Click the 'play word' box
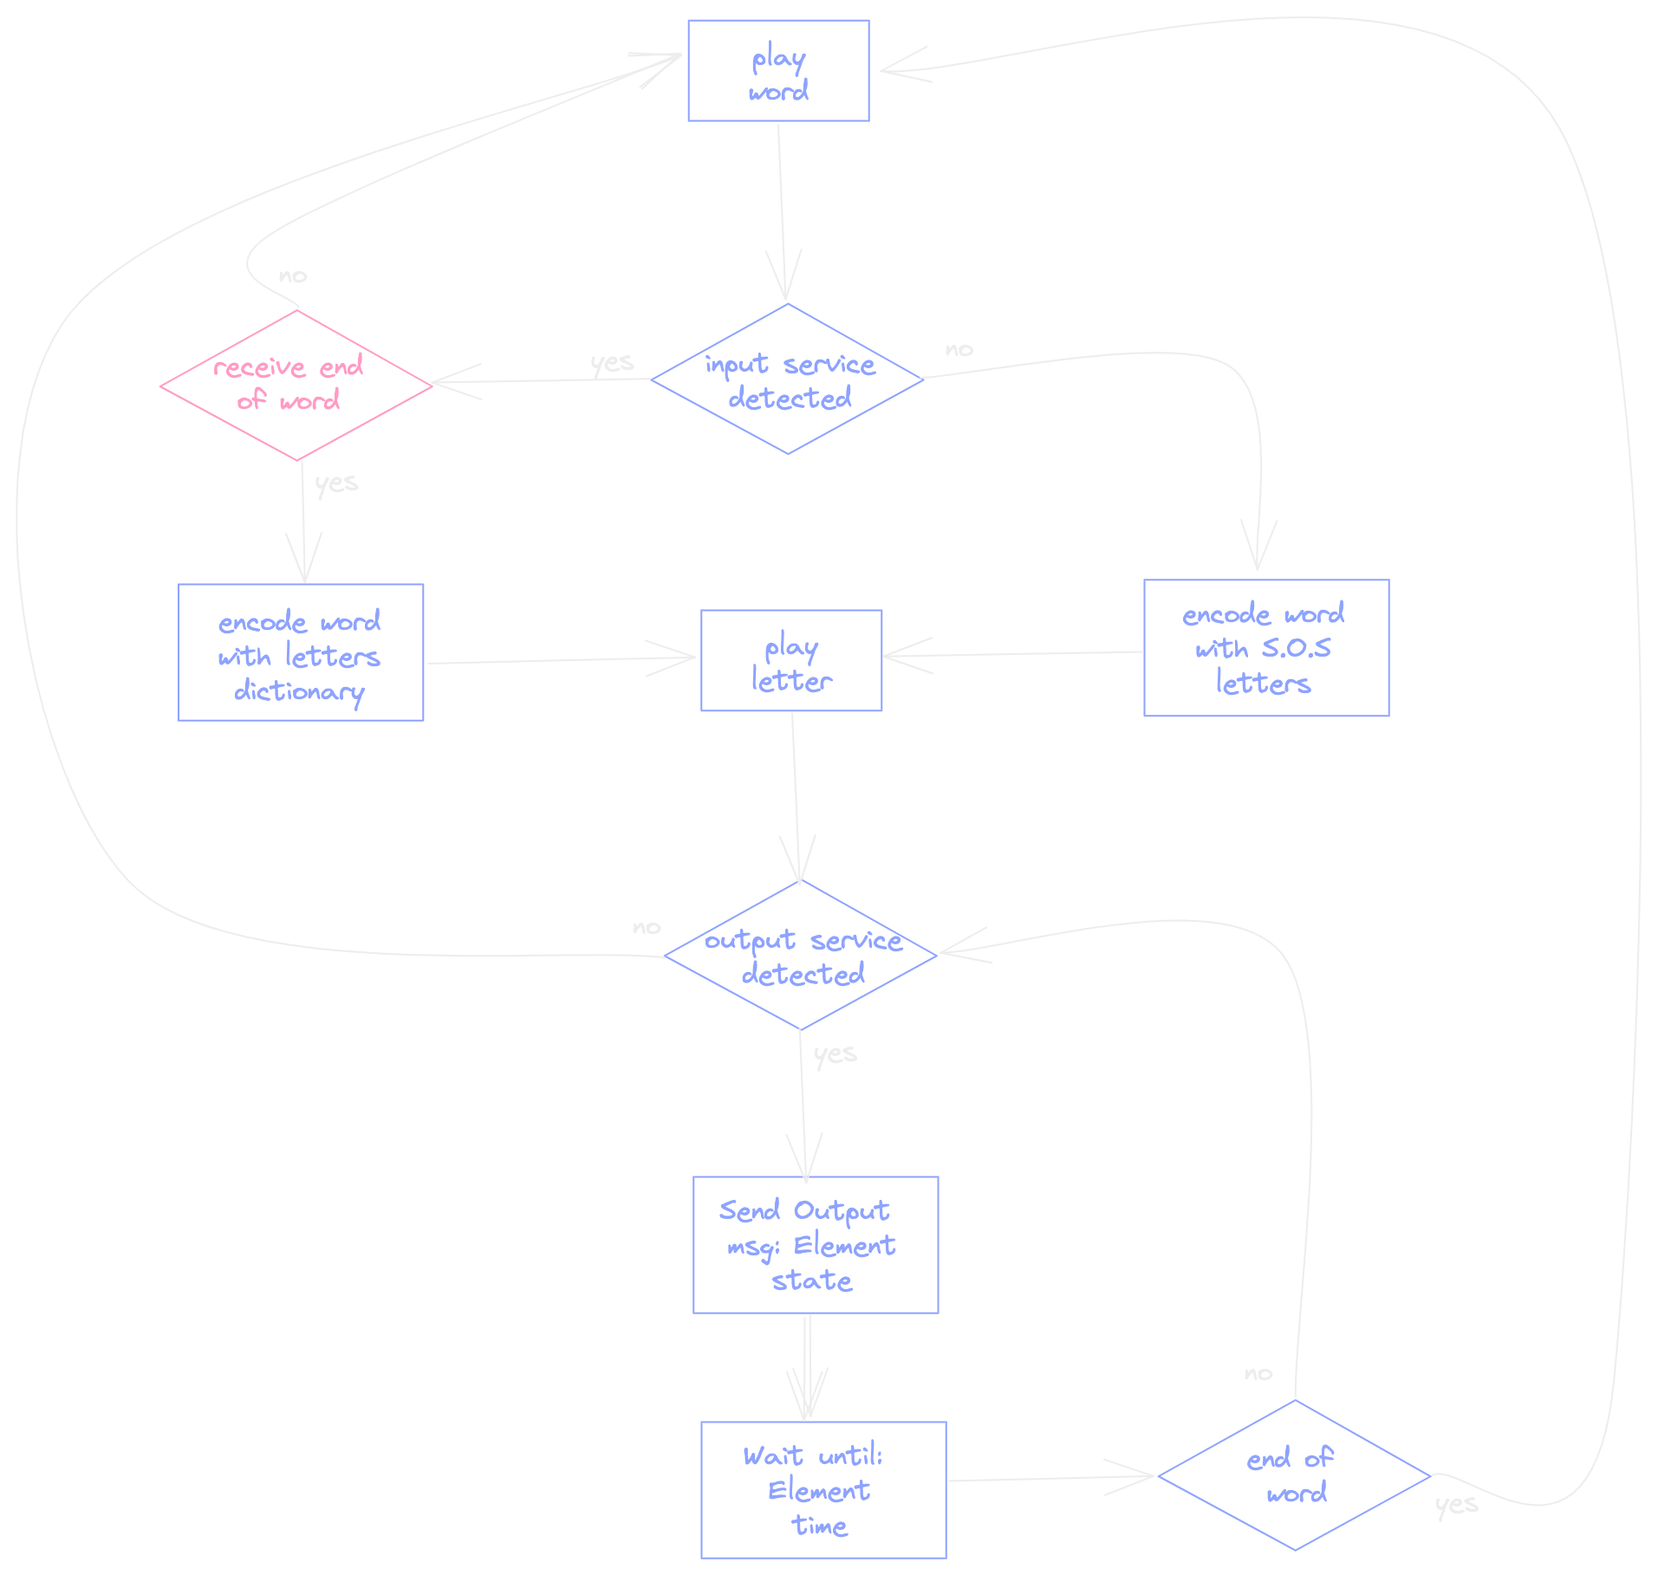(x=778, y=71)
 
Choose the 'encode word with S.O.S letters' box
(x=1266, y=648)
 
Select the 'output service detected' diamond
(x=801, y=956)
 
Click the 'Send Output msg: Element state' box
(x=816, y=1245)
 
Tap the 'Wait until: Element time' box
(x=823, y=1490)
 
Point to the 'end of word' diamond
(x=1294, y=1475)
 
